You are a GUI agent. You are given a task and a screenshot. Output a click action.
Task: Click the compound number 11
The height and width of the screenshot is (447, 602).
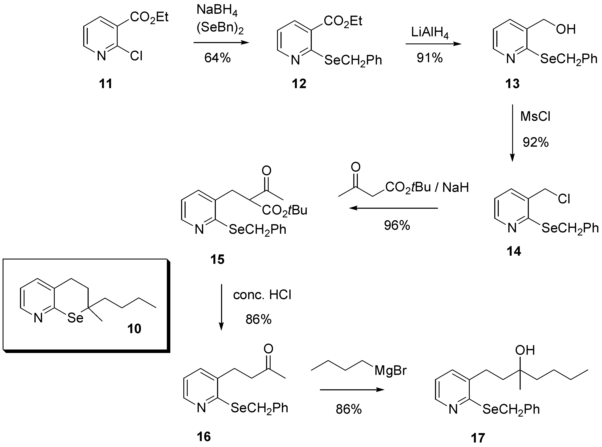pyautogui.click(x=105, y=84)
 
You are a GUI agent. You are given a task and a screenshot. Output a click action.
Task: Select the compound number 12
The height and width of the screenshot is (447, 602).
pyautogui.click(x=299, y=84)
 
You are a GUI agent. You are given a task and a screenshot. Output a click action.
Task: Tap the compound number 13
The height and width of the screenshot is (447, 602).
pyautogui.click(x=512, y=84)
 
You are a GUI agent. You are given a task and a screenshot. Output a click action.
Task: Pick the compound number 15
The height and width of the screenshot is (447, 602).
pyautogui.click(x=217, y=259)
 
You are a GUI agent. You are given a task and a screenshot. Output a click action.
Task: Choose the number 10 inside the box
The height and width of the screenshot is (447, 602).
pyautogui.click(x=134, y=329)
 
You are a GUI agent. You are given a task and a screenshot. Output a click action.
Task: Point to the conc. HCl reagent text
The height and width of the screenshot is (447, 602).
pyautogui.click(x=262, y=295)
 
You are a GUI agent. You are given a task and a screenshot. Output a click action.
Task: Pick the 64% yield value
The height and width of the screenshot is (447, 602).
pyautogui.click(x=217, y=58)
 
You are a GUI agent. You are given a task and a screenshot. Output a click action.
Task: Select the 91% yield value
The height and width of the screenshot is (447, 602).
pyautogui.click(x=430, y=58)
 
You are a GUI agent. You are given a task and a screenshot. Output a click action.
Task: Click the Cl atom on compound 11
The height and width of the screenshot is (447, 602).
pyautogui.click(x=136, y=56)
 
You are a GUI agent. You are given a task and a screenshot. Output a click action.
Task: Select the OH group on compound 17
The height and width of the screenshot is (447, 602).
pyautogui.click(x=525, y=350)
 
